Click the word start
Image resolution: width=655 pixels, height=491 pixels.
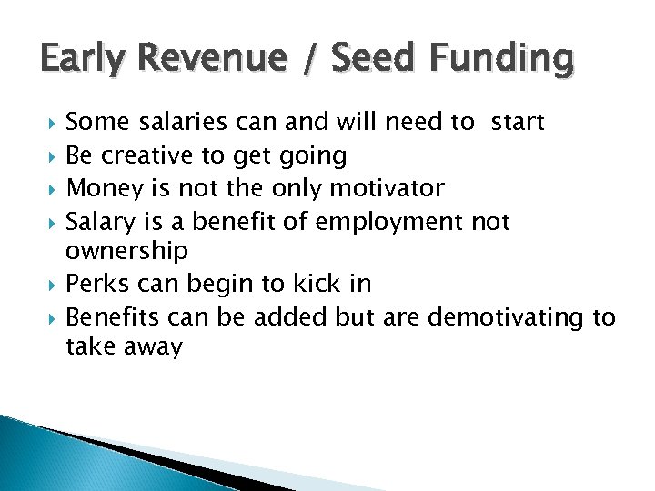coord(518,123)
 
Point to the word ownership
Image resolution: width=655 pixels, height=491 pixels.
coord(127,250)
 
